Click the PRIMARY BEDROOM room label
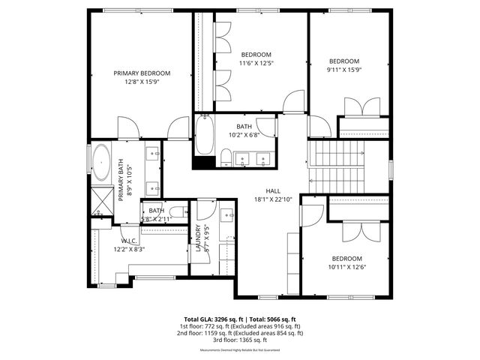coord(142,73)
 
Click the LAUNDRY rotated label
coord(198,238)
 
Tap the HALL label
coord(272,190)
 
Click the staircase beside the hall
coord(336,169)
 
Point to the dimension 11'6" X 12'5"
coord(256,63)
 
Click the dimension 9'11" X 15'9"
coord(344,70)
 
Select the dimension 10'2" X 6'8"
coord(244,135)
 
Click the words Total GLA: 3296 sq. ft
coord(212,319)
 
